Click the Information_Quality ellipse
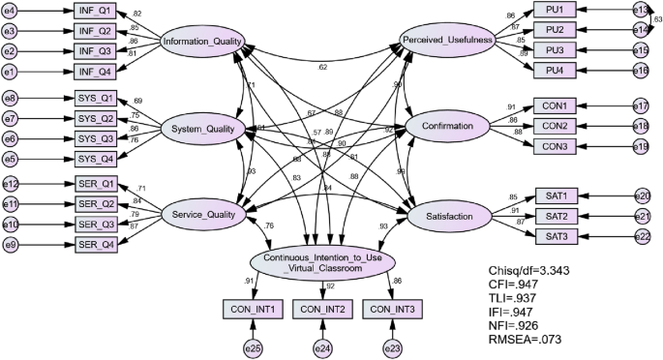click(x=202, y=42)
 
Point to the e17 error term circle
click(x=641, y=105)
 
